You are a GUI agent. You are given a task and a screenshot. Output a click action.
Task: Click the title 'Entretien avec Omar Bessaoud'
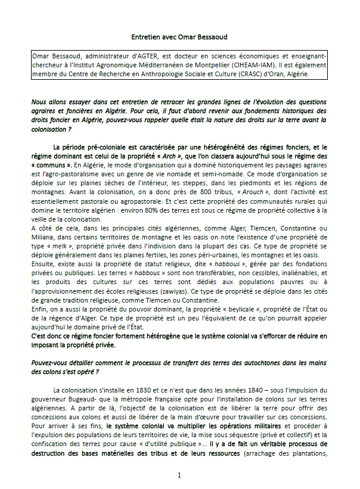pos(179,36)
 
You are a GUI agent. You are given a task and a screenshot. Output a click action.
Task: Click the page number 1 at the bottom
pos(179,476)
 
